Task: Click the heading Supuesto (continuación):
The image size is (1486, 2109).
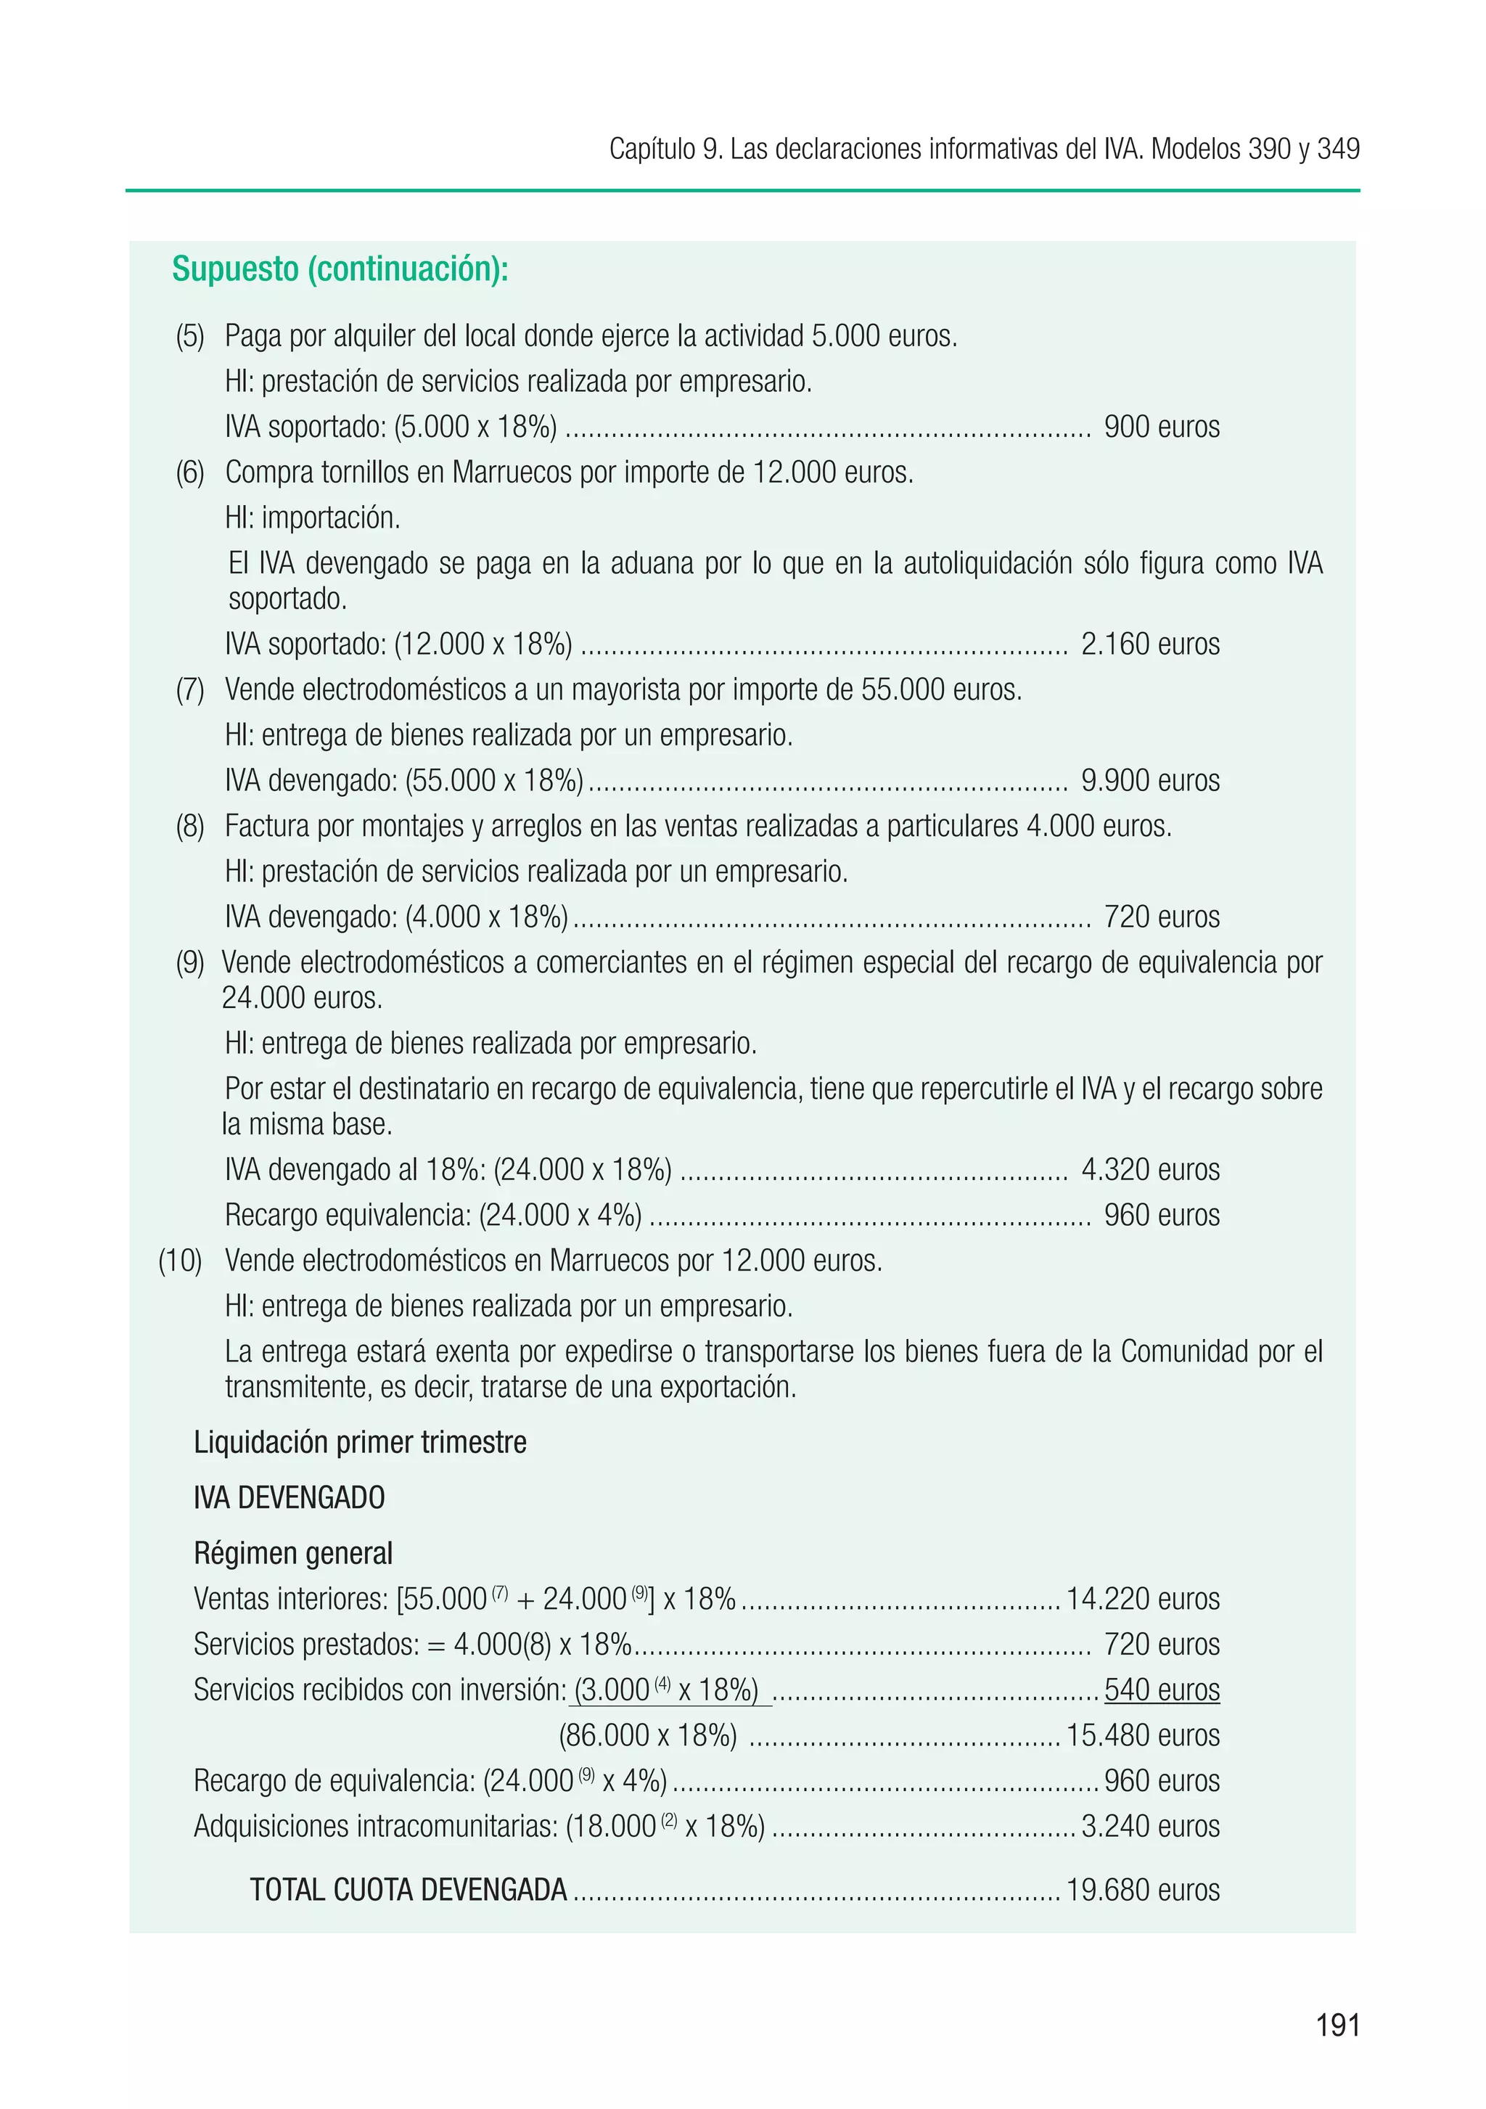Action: (340, 269)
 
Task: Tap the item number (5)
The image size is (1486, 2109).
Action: (190, 336)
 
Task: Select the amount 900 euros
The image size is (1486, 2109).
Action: (1161, 427)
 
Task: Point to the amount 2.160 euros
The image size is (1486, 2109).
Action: (1150, 644)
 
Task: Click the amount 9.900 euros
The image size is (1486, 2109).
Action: (1150, 781)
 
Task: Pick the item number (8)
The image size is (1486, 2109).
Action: (190, 826)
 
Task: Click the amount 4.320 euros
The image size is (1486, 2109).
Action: (1150, 1169)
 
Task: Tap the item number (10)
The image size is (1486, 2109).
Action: (180, 1261)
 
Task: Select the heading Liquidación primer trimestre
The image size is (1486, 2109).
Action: (360, 1442)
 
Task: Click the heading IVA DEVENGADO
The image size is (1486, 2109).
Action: (290, 1497)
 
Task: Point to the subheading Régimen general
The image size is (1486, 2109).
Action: (293, 1553)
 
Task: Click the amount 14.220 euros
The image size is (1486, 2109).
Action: (1143, 1600)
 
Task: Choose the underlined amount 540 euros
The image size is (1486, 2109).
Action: (1161, 1690)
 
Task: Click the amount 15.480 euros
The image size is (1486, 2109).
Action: (1143, 1735)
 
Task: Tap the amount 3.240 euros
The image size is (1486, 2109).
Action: (1150, 1826)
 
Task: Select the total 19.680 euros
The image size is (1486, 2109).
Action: (1143, 1890)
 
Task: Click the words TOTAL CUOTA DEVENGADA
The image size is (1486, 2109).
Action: (409, 1890)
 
